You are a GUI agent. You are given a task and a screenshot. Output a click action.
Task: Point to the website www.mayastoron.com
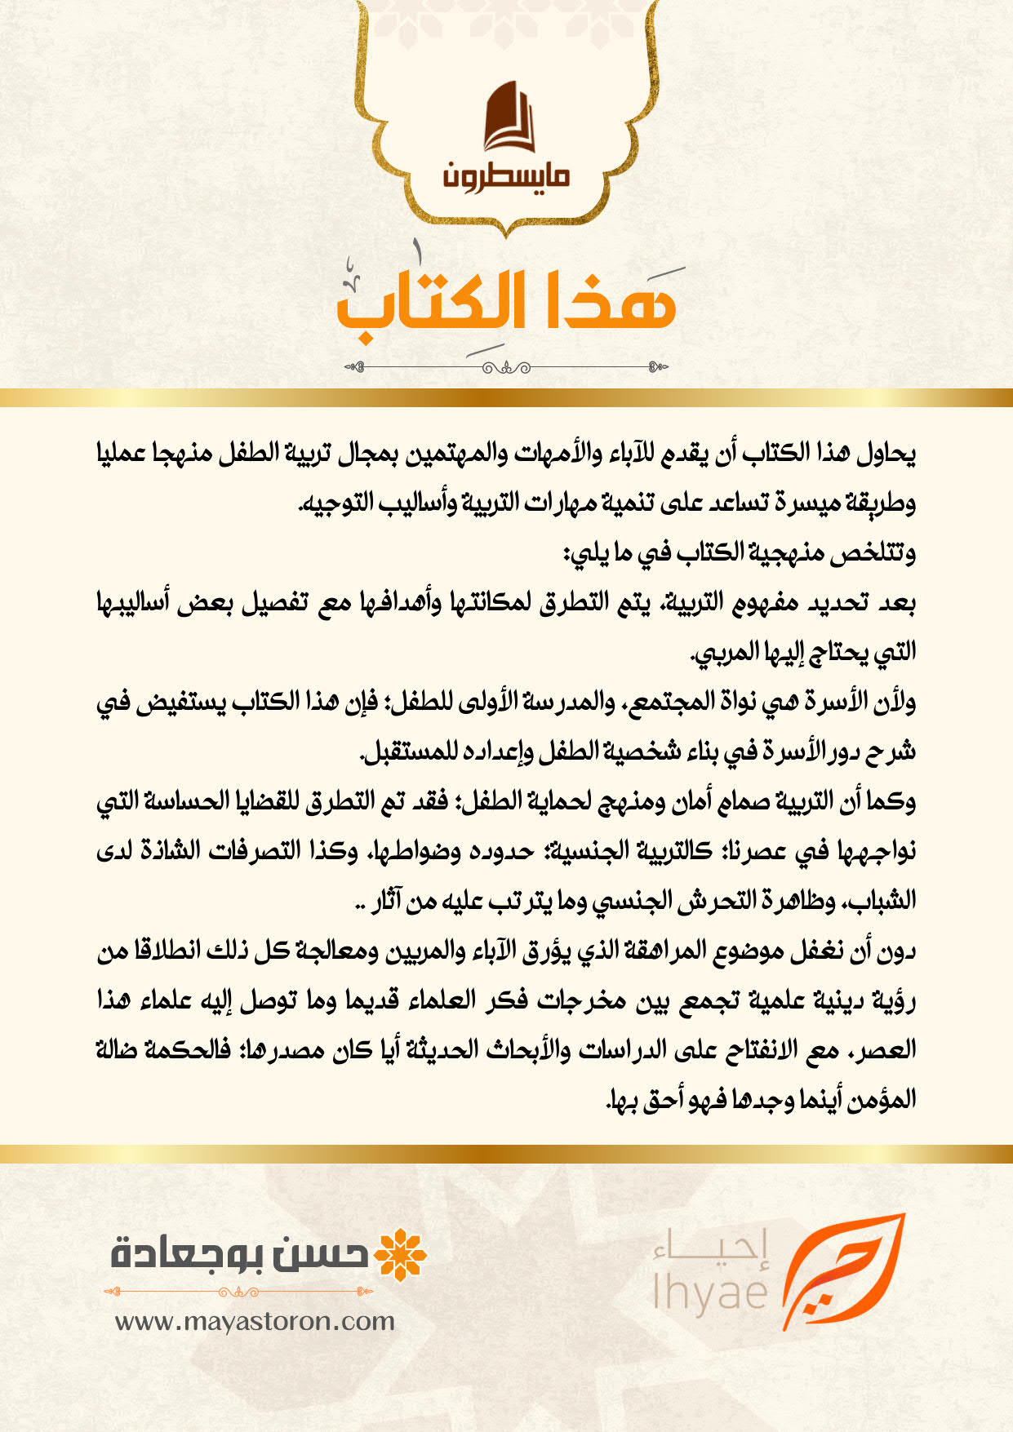(255, 1321)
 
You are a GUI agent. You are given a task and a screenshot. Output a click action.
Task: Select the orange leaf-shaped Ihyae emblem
(841, 1269)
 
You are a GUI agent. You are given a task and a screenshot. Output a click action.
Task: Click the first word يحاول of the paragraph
(886, 453)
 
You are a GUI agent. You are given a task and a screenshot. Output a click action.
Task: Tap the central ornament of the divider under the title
(506, 368)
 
